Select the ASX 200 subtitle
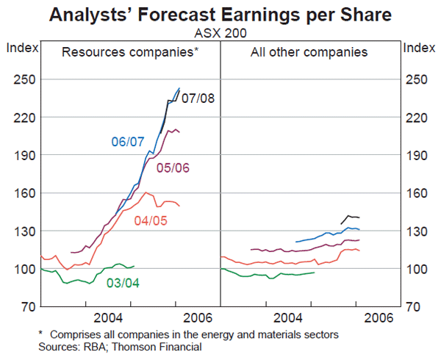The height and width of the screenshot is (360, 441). click(x=220, y=32)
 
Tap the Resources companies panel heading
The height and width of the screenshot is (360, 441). click(x=130, y=52)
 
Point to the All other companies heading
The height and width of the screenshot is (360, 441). click(x=309, y=52)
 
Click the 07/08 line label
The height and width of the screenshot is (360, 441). click(x=198, y=98)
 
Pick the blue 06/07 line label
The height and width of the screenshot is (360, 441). click(x=128, y=140)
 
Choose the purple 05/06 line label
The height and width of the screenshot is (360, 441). click(x=173, y=168)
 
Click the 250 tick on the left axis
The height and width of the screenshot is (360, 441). click(x=22, y=79)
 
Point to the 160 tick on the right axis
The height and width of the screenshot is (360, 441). click(x=418, y=192)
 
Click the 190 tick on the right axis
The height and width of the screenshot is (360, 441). click(x=418, y=155)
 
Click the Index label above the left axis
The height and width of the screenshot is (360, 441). click(x=20, y=48)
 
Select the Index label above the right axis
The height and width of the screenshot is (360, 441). click(x=420, y=48)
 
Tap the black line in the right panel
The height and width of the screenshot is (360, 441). click(x=351, y=217)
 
